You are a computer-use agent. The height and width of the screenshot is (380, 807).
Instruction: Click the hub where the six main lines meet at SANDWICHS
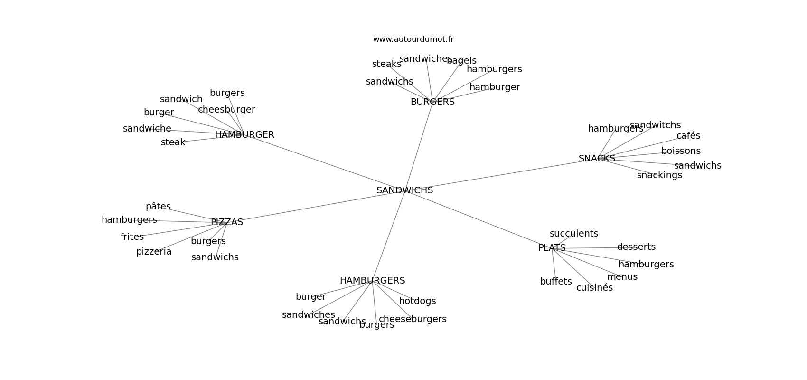point(404,190)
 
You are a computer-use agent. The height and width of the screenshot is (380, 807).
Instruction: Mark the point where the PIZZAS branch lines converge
point(226,222)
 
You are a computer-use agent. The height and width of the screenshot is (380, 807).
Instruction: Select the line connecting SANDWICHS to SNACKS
point(501,174)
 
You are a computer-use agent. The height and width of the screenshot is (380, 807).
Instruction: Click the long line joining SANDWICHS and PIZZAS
point(316,206)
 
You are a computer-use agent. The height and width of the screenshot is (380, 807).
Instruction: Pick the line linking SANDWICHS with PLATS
point(478,219)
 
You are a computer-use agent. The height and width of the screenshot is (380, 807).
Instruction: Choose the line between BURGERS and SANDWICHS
point(418,146)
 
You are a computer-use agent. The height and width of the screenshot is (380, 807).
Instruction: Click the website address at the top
point(413,39)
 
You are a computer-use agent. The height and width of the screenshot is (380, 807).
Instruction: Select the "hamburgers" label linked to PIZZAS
point(129,219)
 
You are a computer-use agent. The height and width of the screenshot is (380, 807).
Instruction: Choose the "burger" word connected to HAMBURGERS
point(310,297)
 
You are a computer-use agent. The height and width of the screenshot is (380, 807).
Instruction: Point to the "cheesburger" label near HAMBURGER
point(226,109)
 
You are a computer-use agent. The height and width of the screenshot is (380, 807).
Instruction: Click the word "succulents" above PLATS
point(574,234)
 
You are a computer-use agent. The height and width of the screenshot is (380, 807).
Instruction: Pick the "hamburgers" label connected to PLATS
point(646,264)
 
